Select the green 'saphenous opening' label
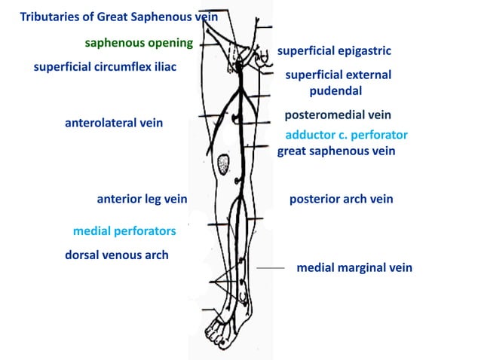(139, 42)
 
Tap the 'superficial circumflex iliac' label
(106, 67)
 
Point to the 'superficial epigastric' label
(334, 51)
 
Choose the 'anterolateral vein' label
(114, 123)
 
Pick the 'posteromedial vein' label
(338, 115)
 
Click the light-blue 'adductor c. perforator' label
(346, 135)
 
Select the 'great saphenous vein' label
(336, 151)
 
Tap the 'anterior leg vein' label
(142, 200)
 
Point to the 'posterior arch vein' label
(341, 200)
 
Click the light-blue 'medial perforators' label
(124, 230)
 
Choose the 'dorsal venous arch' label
(117, 255)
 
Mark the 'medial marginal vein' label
(354, 267)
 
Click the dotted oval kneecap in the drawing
(223, 163)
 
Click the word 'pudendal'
(335, 90)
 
